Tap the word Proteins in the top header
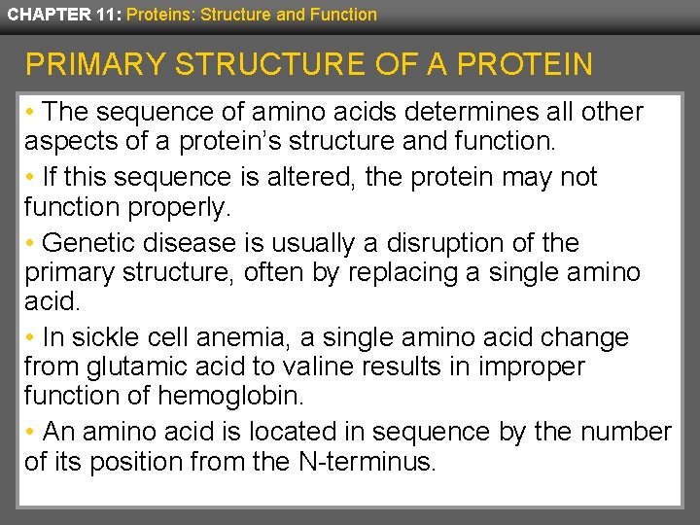tap(157, 15)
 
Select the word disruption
tap(438, 242)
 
